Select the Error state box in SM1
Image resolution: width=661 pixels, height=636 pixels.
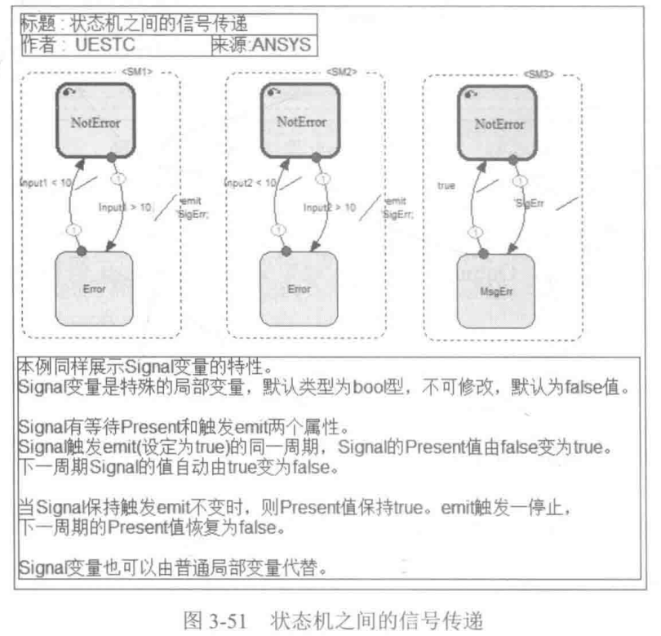pyautogui.click(x=94, y=288)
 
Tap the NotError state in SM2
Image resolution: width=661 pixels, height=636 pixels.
pyautogui.click(x=299, y=122)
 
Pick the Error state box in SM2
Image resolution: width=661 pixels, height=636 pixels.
pyautogui.click(x=299, y=288)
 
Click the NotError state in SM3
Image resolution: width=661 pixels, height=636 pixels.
pyautogui.click(x=499, y=124)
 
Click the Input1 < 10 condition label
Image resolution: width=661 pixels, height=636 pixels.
pyautogui.click(x=47, y=185)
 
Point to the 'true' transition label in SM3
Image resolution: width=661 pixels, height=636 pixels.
pyautogui.click(x=446, y=186)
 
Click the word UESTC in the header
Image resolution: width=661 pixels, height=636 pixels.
pyautogui.click(x=104, y=45)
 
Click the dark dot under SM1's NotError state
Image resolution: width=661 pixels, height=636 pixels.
pyautogui.click(x=110, y=156)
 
